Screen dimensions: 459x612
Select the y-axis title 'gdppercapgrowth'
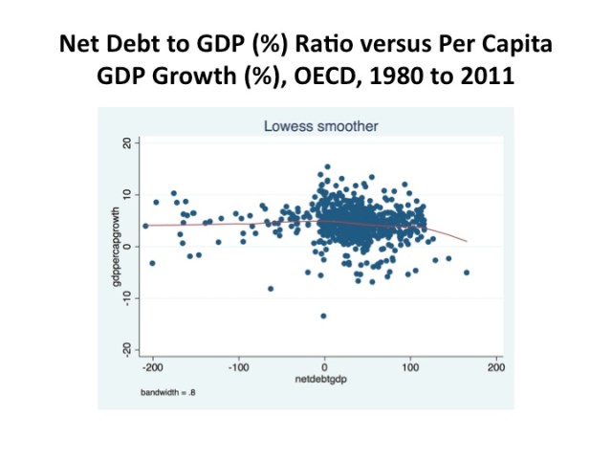point(115,247)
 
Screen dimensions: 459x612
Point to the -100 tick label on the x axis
point(238,367)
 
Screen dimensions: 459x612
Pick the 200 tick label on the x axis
point(495,367)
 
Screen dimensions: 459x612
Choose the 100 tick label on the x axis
point(410,367)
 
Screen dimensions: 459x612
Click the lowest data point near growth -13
point(323,316)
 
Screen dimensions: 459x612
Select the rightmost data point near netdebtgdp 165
point(467,273)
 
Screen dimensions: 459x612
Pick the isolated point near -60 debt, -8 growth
point(271,288)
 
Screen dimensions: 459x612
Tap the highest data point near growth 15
point(327,167)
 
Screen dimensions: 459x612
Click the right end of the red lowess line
point(466,241)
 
